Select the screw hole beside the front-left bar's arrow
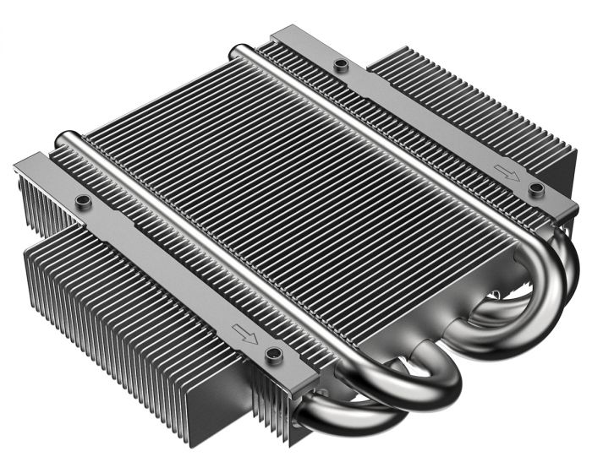[272, 352]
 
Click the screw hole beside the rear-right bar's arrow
[534, 188]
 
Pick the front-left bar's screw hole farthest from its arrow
[83, 201]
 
